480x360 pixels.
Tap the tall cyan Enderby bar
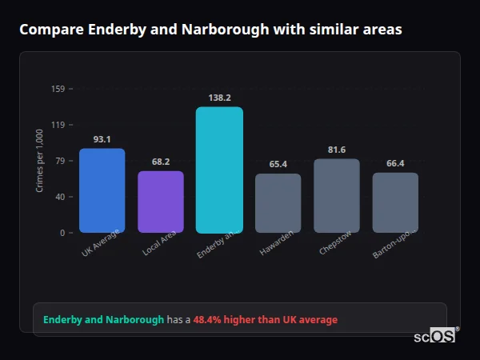(x=219, y=170)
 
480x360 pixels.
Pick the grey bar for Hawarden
(x=278, y=203)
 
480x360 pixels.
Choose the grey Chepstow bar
(x=337, y=196)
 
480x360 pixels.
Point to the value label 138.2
(x=219, y=98)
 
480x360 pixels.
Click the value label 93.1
(x=102, y=139)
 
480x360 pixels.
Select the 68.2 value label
(x=161, y=162)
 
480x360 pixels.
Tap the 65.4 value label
(x=278, y=164)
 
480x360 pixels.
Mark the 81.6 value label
(x=337, y=150)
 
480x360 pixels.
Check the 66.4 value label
(x=395, y=163)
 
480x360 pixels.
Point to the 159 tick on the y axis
(x=58, y=89)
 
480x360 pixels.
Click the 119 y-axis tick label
(x=58, y=125)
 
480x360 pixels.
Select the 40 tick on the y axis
(x=59, y=197)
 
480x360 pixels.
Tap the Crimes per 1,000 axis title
(x=40, y=162)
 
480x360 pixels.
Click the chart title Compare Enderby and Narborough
(x=210, y=30)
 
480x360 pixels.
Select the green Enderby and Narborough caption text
(x=103, y=320)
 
